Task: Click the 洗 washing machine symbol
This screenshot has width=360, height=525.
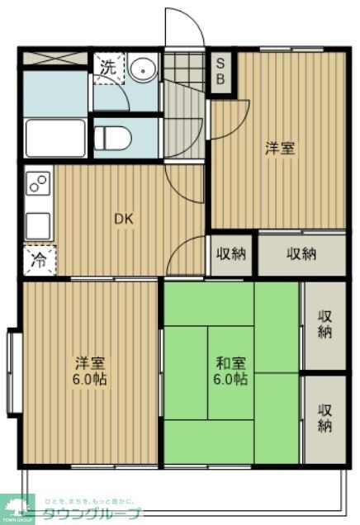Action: [107, 69]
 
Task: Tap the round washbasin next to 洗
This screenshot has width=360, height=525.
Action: [142, 69]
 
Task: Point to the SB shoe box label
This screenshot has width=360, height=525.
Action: [221, 72]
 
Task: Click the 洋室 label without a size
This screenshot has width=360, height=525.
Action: [280, 149]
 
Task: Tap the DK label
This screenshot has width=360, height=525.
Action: [122, 219]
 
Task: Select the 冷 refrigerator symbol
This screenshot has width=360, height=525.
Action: [39, 259]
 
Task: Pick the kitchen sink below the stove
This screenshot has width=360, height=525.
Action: [38, 225]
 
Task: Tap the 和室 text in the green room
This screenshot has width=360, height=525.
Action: [229, 362]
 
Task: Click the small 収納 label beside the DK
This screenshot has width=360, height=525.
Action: [231, 253]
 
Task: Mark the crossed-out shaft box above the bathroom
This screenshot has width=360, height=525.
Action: [54, 59]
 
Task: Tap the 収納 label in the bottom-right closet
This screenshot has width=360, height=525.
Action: [324, 418]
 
